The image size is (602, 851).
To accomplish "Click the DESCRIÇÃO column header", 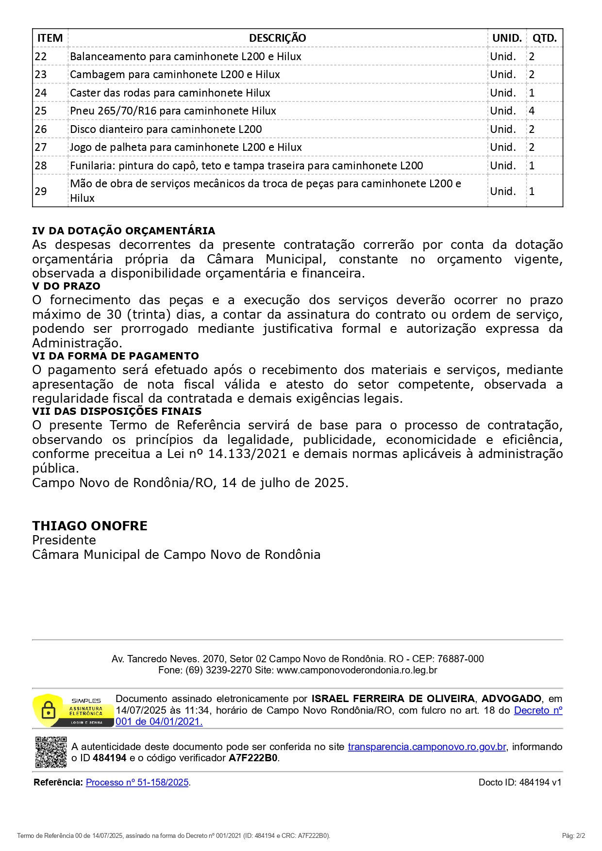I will (277, 38).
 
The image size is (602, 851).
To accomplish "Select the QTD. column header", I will (544, 38).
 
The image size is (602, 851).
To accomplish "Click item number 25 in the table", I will (41, 111).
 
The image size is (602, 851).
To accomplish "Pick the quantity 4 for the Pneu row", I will (532, 111).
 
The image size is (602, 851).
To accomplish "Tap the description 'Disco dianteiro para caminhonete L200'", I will (166, 129).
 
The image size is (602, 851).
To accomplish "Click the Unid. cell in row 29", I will (502, 191).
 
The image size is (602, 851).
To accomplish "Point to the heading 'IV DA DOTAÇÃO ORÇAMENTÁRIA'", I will (123, 230).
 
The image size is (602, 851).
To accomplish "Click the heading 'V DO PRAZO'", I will (66, 286).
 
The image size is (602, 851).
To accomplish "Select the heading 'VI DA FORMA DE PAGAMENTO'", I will (116, 356).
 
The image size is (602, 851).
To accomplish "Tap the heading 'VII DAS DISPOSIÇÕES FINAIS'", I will (117, 411).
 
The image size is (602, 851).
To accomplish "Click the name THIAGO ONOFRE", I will (90, 526).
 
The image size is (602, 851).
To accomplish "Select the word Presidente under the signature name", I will (64, 540).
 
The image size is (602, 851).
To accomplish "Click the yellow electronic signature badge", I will (72, 710).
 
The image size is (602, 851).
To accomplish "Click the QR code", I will (50, 752).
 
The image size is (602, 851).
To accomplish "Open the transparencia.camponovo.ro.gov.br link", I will (427, 747).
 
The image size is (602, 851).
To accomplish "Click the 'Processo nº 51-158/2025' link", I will (137, 782).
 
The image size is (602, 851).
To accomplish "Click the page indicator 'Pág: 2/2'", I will (573, 835).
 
